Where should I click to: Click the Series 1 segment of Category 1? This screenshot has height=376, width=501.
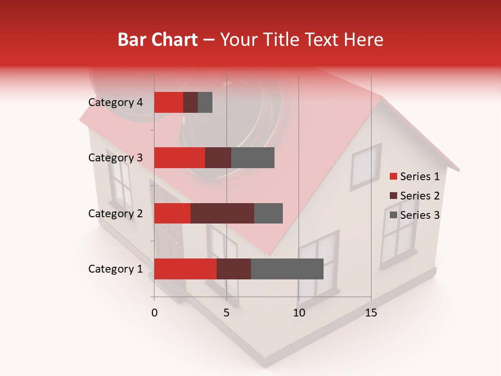point(185,269)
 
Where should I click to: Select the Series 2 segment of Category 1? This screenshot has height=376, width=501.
point(234,269)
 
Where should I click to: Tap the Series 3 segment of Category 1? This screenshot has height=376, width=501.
point(287,269)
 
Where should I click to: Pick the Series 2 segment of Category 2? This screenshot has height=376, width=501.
point(222,213)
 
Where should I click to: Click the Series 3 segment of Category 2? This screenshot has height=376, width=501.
point(268,213)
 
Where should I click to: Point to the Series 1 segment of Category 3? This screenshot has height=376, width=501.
point(180,158)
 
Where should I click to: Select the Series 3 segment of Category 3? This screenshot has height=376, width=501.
point(253,158)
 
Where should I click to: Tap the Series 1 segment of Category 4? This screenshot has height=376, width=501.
point(169,102)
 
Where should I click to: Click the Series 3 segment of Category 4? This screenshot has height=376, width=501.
point(205,102)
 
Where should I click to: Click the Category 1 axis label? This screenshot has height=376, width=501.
point(115,269)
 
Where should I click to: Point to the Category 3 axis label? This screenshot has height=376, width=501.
point(115,158)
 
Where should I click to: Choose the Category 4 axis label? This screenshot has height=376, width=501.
point(115,102)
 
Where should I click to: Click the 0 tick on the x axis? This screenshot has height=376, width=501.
point(154,313)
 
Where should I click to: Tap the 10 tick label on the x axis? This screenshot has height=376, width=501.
point(299,313)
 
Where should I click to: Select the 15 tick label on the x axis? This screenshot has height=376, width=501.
point(371,313)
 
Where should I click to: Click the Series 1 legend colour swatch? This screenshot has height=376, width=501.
point(393,177)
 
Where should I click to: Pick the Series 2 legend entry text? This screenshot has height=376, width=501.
point(420,196)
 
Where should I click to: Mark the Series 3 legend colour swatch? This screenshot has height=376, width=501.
point(393,215)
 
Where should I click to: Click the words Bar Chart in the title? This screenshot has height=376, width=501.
point(158,40)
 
